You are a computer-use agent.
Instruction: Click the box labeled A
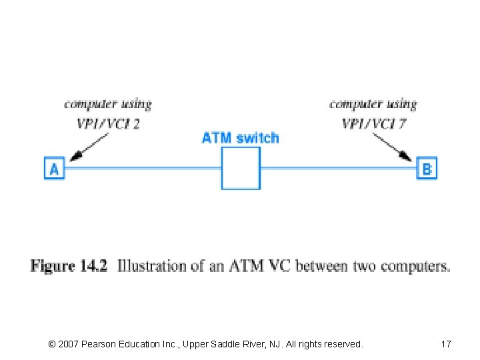tap(54, 169)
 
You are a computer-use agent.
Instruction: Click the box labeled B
tap(427, 169)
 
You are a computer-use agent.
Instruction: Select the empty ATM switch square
tap(240, 168)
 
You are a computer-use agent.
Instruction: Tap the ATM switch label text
tap(240, 138)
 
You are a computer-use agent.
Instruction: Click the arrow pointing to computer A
tap(90, 147)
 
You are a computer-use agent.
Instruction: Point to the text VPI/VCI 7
tap(374, 123)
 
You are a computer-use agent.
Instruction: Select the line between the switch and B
tap(338, 169)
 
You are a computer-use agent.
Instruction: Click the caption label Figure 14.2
tap(69, 266)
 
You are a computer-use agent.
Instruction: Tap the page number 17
tap(446, 344)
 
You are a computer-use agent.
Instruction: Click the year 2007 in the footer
tap(69, 344)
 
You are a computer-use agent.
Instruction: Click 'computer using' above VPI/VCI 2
tap(107, 104)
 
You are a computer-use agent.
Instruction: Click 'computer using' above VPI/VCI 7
tap(373, 104)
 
